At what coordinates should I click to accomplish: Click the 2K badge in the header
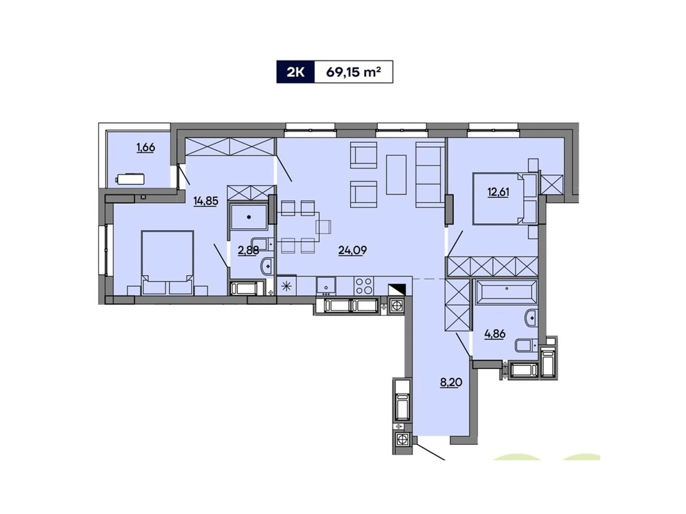[x=295, y=72]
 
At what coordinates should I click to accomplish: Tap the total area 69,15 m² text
[x=353, y=72]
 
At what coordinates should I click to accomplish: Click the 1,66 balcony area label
[x=146, y=148]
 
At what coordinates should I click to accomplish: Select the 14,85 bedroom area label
[x=206, y=200]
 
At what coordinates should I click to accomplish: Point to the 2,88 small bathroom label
[x=248, y=250]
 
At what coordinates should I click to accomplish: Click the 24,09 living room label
[x=352, y=250]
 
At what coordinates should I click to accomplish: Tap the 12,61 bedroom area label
[x=498, y=192]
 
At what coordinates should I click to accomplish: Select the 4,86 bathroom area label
[x=495, y=334]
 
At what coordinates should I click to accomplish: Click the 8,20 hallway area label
[x=451, y=383]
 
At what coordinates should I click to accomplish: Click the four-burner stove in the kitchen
[x=364, y=286]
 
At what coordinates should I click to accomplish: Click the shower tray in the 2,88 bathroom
[x=249, y=217]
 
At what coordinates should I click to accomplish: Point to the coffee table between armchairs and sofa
[x=396, y=174]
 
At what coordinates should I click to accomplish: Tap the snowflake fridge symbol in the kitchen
[x=286, y=286]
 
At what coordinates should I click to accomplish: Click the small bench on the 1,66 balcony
[x=130, y=179]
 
